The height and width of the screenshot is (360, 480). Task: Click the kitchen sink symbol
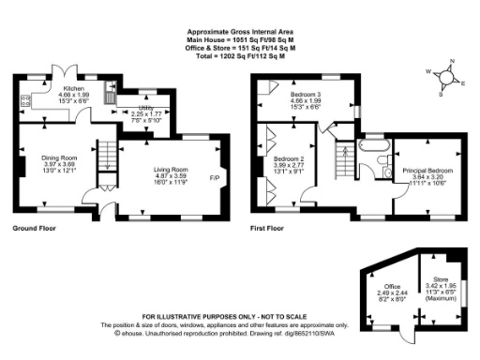click(110, 96)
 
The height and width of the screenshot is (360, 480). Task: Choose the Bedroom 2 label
click(288, 160)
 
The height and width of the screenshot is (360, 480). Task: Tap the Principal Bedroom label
click(427, 171)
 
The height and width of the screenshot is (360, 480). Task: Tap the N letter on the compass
click(452, 62)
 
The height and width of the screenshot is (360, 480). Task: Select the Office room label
click(392, 285)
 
